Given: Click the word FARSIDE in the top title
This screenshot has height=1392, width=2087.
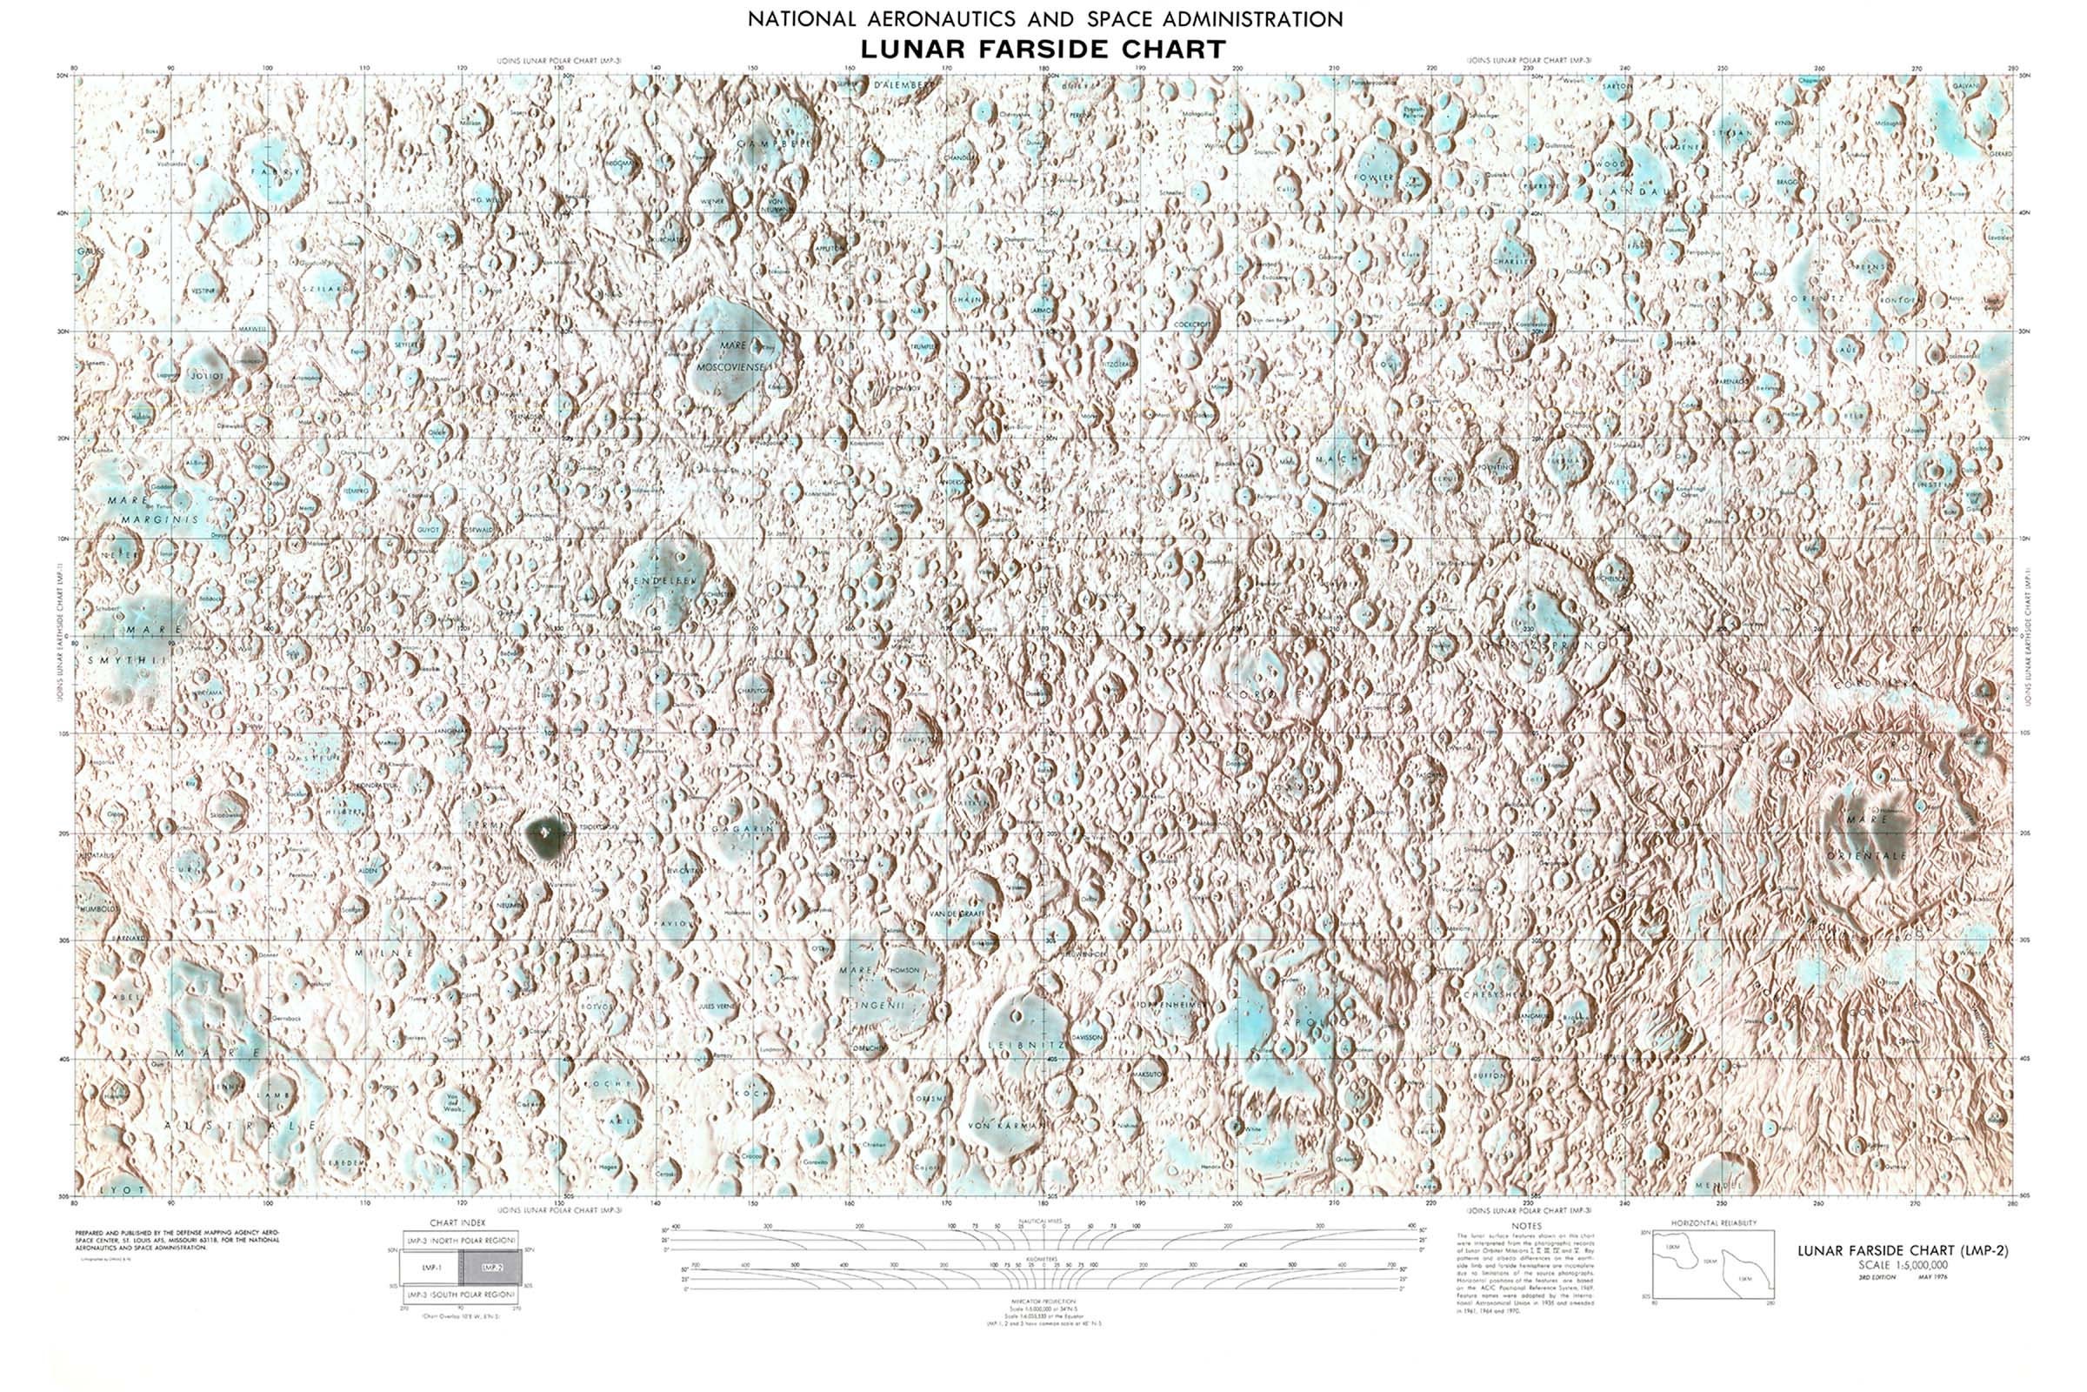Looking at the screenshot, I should click(x=1043, y=49).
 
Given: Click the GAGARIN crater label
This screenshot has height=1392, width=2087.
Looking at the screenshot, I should click(x=743, y=828).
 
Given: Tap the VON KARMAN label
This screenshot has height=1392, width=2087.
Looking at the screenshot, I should click(x=1007, y=1126).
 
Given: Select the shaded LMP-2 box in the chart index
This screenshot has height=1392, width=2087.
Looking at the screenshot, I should click(x=492, y=1268).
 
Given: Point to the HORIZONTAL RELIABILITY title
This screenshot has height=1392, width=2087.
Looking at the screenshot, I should click(x=1713, y=1223).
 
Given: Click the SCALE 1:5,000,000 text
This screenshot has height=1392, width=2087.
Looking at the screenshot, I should click(x=1903, y=1264).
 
